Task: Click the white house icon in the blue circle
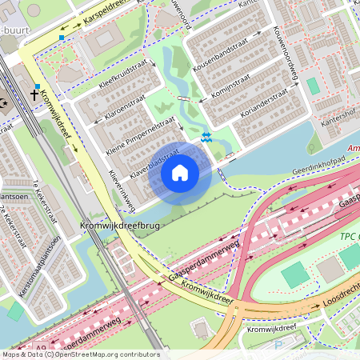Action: (180, 172)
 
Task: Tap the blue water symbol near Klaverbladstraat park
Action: (206, 138)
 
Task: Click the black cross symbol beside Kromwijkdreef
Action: (34, 94)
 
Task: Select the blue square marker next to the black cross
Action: (37, 86)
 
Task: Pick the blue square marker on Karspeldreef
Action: (62, 37)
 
